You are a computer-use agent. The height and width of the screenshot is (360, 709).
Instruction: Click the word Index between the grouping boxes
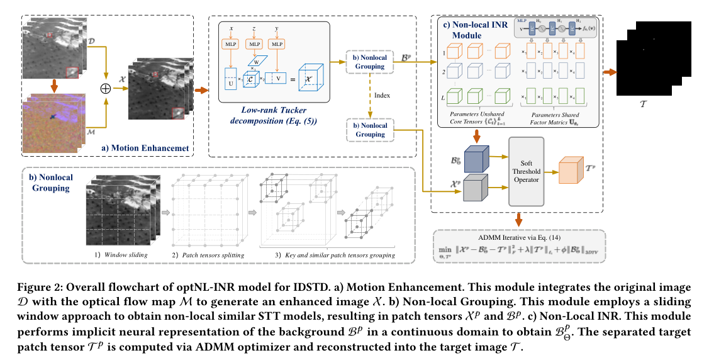[382, 96]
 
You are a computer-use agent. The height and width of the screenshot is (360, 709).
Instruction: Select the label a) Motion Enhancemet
[147, 148]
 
